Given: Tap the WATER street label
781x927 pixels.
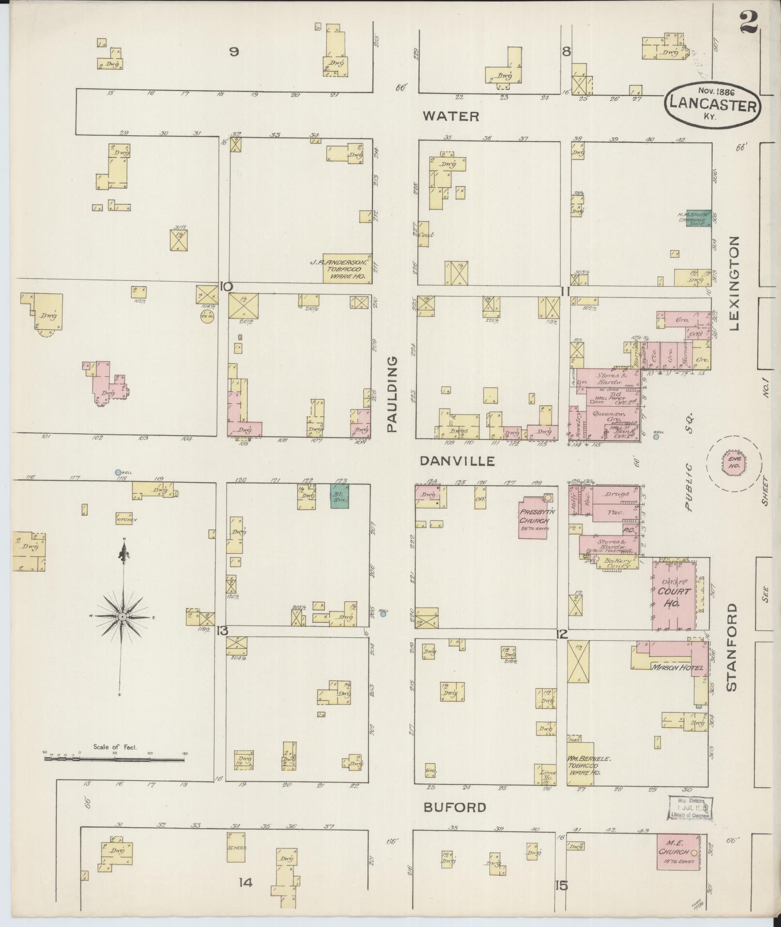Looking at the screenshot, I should [451, 116].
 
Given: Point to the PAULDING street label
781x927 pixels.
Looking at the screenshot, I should [392, 394].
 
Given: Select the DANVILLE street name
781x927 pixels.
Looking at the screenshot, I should [457, 461].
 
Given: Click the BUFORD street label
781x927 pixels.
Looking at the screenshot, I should [455, 807].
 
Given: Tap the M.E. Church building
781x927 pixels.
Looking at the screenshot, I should [677, 851].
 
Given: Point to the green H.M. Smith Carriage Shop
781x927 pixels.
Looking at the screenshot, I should [698, 218].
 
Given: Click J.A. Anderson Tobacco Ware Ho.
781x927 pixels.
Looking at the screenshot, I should [347, 268].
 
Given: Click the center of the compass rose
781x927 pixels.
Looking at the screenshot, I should [123, 617].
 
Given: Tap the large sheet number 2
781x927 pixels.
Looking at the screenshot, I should [749, 22].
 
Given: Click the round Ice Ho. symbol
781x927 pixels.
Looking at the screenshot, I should [207, 316].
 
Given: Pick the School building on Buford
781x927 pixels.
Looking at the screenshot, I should [236, 848].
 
